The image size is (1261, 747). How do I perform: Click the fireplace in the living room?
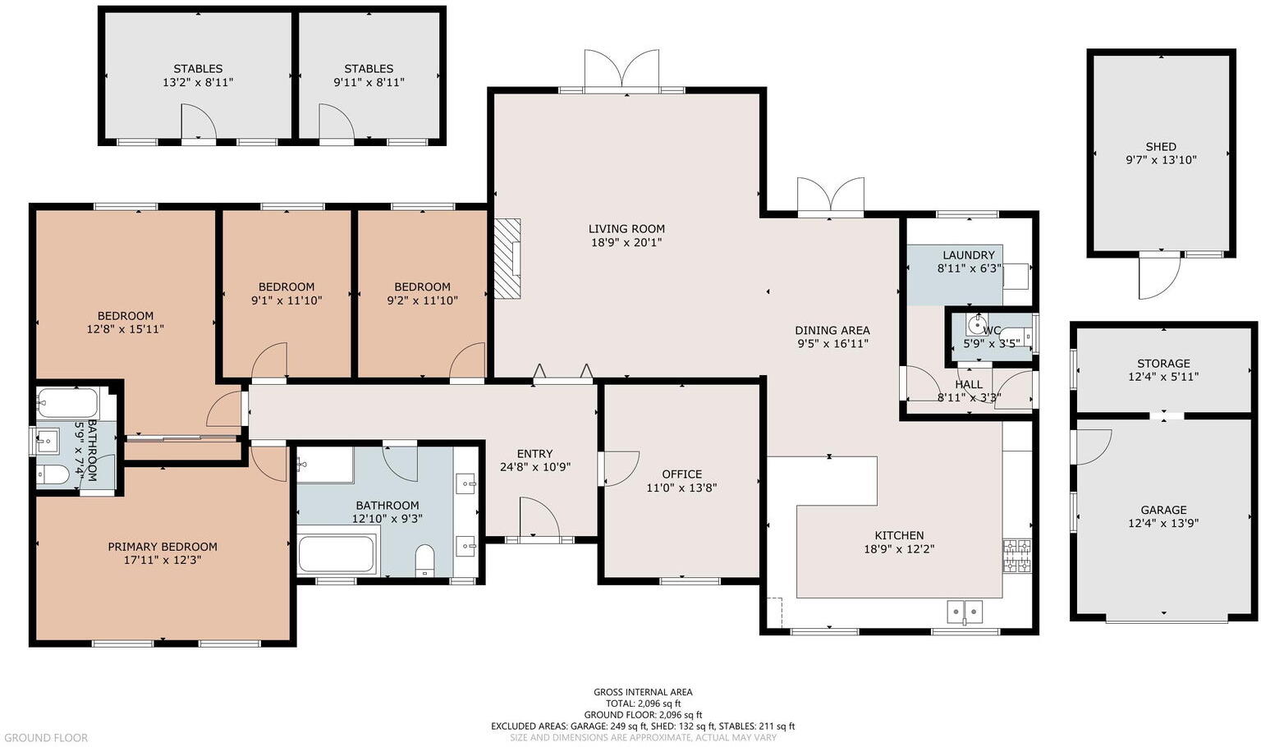[x=507, y=258]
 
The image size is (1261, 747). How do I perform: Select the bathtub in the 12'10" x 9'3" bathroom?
[x=337, y=553]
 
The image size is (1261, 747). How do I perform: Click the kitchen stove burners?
[x=1016, y=556]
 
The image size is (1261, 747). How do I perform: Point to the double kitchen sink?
[x=965, y=612]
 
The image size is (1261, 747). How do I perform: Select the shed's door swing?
[x=1158, y=277]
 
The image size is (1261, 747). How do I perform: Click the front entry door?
[x=539, y=519]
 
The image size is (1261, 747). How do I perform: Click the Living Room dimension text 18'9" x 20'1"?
[x=626, y=242]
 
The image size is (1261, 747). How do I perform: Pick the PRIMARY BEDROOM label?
[x=163, y=547]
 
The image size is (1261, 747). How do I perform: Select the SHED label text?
[x=1161, y=147]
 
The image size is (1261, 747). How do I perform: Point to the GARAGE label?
[x=1163, y=510]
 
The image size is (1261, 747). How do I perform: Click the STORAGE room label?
[x=1163, y=364]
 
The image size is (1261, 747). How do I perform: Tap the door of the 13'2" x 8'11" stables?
[x=198, y=123]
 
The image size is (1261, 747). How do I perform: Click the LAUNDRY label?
[x=969, y=255]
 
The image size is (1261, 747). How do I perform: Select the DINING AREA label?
[x=832, y=331]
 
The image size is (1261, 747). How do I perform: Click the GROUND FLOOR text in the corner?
[x=45, y=738]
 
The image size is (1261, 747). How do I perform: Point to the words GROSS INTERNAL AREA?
[x=643, y=692]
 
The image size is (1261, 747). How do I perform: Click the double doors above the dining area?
[x=831, y=197]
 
